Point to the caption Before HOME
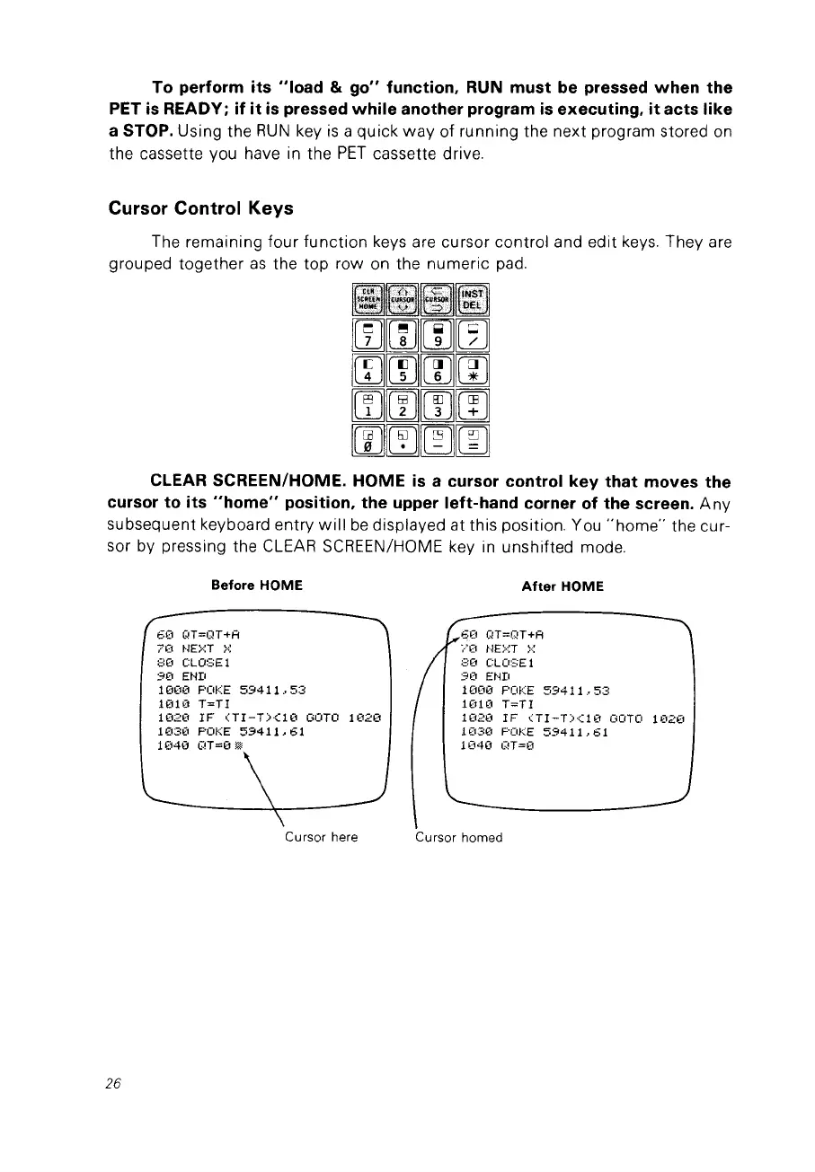click(x=256, y=586)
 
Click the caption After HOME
click(x=563, y=586)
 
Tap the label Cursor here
click(x=321, y=837)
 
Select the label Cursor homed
click(x=458, y=837)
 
